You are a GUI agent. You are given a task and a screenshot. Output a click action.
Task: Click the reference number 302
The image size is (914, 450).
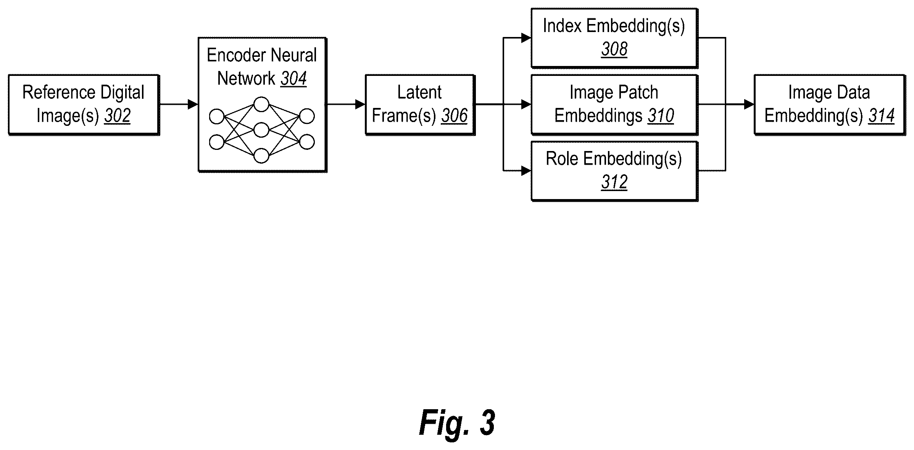[x=118, y=116]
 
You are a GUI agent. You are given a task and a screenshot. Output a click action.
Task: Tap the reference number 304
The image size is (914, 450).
[x=293, y=79]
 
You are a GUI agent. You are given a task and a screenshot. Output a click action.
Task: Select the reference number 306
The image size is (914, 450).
[x=454, y=116]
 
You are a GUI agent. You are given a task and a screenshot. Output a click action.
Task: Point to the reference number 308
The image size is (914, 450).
[x=614, y=49]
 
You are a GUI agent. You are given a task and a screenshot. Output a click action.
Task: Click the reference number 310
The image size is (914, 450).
[x=661, y=116]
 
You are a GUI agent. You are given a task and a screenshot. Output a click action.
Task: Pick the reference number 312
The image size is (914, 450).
[x=614, y=182]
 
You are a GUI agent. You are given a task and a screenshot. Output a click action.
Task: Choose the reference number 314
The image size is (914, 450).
[x=882, y=116]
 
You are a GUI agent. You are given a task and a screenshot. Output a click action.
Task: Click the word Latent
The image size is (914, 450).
[x=419, y=92]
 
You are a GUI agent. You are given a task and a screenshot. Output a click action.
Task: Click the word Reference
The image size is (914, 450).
[x=56, y=92]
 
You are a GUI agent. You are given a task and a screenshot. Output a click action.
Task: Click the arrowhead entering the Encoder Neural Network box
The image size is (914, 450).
[x=193, y=104]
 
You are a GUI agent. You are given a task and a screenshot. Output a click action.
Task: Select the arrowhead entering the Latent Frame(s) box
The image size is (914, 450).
[x=360, y=104]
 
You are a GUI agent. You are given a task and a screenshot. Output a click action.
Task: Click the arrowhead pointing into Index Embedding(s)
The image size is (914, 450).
[x=526, y=38]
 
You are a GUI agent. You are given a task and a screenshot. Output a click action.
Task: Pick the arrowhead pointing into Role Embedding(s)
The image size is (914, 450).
[x=526, y=170]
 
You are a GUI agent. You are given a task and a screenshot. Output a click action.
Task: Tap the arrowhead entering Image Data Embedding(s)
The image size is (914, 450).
[x=749, y=104]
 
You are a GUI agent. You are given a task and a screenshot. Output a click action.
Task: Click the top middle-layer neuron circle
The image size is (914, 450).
[x=261, y=104]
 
